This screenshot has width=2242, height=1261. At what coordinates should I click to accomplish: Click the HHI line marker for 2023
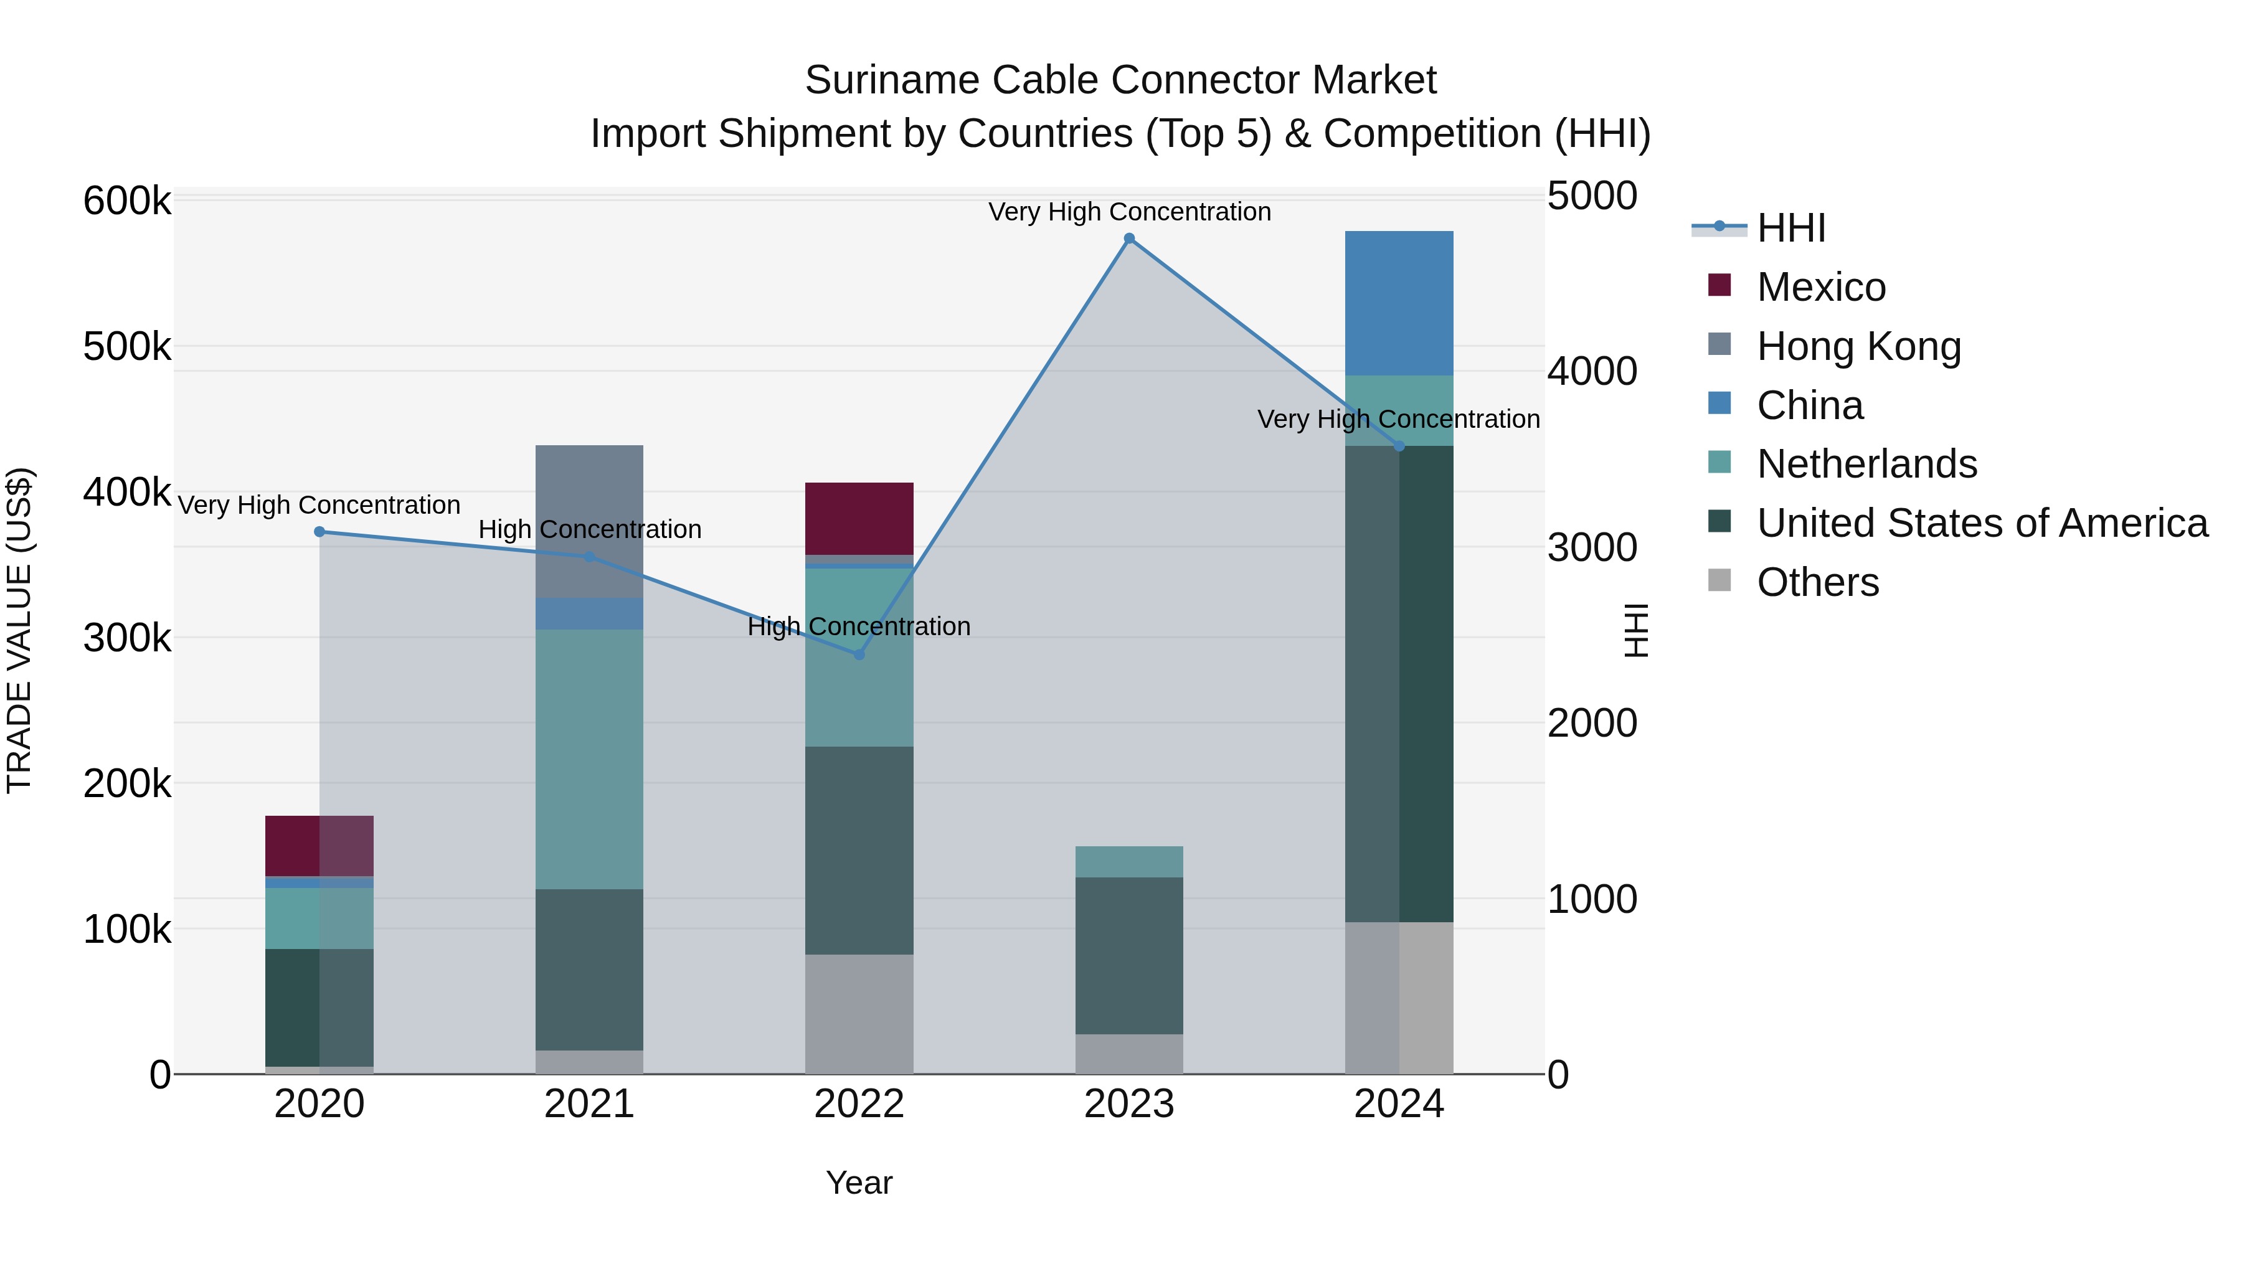[1129, 239]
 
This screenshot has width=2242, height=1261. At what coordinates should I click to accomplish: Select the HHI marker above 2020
[319, 532]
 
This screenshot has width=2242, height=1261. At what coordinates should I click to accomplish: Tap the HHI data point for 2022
[859, 654]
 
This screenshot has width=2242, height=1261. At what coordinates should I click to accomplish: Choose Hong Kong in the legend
[1858, 346]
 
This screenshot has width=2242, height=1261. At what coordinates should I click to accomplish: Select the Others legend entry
[1817, 582]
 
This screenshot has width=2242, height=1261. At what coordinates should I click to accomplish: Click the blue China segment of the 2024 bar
[1399, 303]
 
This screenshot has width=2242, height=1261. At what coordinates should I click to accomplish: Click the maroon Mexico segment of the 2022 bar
[859, 518]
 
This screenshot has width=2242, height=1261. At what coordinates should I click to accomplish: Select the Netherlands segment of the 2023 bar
[1129, 862]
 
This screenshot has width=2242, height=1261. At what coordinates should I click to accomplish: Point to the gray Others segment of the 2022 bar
[859, 1014]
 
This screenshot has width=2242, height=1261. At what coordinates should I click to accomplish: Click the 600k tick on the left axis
[127, 201]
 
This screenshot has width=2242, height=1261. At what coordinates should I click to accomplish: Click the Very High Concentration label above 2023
[1129, 212]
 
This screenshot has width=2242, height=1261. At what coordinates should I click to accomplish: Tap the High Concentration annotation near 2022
[859, 626]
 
